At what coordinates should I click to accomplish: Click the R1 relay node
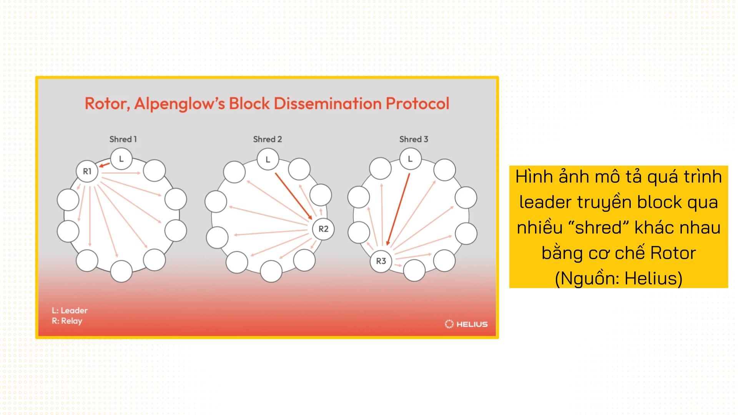(87, 171)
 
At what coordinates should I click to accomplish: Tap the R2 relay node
(323, 229)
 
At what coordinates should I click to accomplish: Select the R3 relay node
(381, 261)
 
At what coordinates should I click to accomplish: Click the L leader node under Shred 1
(121, 159)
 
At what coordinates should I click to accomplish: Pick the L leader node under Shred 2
(268, 159)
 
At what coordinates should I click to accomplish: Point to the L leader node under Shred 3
(410, 159)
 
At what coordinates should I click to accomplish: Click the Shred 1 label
(123, 139)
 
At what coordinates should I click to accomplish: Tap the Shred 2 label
(268, 139)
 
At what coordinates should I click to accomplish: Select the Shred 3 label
(414, 139)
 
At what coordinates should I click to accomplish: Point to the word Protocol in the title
(417, 103)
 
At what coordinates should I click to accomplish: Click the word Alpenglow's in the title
(180, 104)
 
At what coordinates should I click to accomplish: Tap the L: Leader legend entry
(70, 310)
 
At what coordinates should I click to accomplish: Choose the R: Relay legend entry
(67, 321)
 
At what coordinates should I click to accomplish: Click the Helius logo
(466, 324)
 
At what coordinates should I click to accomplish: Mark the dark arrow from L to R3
(398, 209)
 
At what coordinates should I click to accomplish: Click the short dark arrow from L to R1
(104, 165)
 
